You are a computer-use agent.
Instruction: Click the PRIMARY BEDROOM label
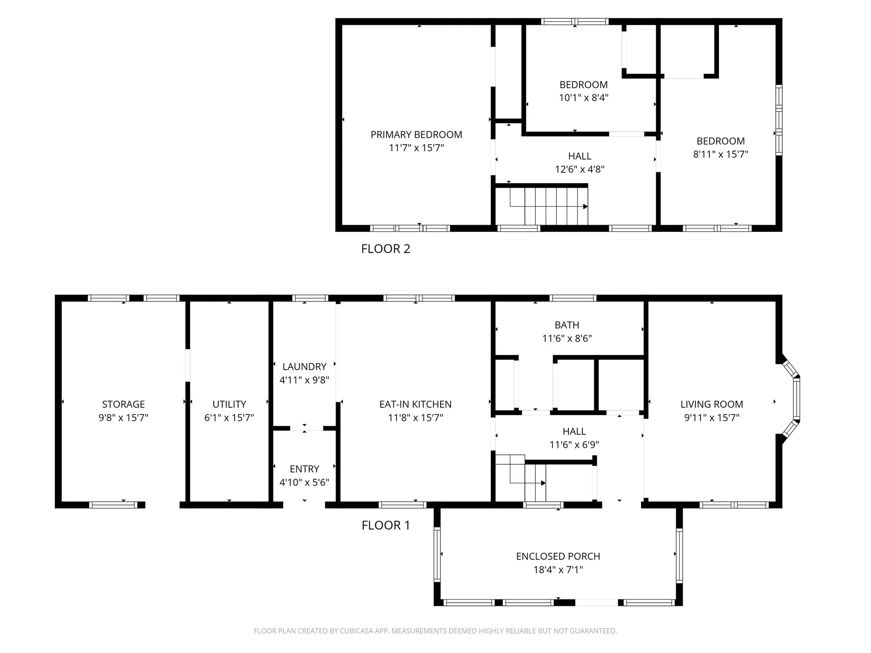tap(416, 135)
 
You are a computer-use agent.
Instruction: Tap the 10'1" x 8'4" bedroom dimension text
tap(583, 97)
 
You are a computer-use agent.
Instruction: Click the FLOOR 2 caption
tap(386, 249)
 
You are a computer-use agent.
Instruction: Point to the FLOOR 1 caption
tap(386, 525)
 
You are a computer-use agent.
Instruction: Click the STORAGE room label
tap(123, 404)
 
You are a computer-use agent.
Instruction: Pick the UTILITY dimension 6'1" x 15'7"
tap(229, 418)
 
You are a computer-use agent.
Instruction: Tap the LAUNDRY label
tap(304, 366)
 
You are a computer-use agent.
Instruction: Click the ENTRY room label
tap(304, 469)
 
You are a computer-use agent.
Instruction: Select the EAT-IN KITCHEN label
tap(416, 404)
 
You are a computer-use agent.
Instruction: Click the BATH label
tap(567, 325)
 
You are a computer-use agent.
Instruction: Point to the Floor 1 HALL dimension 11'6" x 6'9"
tap(574, 445)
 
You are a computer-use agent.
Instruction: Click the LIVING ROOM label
tap(712, 404)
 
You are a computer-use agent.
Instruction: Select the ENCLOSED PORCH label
tap(558, 556)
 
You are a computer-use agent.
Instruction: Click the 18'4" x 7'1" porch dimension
tap(558, 570)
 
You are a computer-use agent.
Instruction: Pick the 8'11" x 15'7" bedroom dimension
tap(720, 154)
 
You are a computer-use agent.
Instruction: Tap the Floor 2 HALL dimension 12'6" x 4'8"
tap(580, 169)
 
